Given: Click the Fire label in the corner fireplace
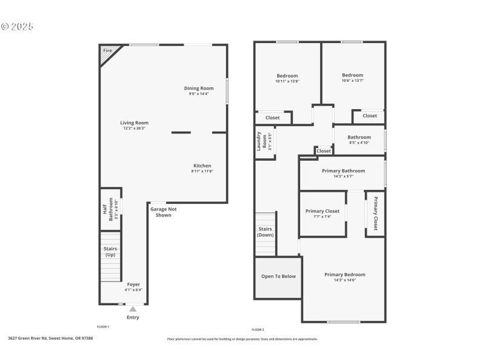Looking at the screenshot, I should (x=107, y=50).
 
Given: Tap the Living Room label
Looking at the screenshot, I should (x=134, y=123).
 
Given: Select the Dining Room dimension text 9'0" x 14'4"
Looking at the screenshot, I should (x=199, y=93).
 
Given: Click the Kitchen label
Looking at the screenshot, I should (x=202, y=166).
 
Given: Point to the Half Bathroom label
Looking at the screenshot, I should (x=104, y=209).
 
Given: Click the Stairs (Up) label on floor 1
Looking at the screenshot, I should (x=110, y=251).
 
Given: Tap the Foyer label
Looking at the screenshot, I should (x=133, y=285).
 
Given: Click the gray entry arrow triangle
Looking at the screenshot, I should (x=133, y=309).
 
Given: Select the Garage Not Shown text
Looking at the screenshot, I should (x=164, y=212).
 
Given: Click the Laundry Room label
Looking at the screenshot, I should (x=259, y=141).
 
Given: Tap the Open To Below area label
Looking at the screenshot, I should (x=278, y=276).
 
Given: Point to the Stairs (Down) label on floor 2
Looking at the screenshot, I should (x=265, y=232).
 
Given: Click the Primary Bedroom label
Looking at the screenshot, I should (x=344, y=274).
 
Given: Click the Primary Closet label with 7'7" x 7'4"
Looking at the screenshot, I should (x=322, y=211).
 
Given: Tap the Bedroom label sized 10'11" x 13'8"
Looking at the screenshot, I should (x=287, y=76).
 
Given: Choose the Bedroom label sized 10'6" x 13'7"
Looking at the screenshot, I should (x=352, y=75).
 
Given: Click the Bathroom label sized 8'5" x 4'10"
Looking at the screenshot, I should (x=359, y=137).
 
